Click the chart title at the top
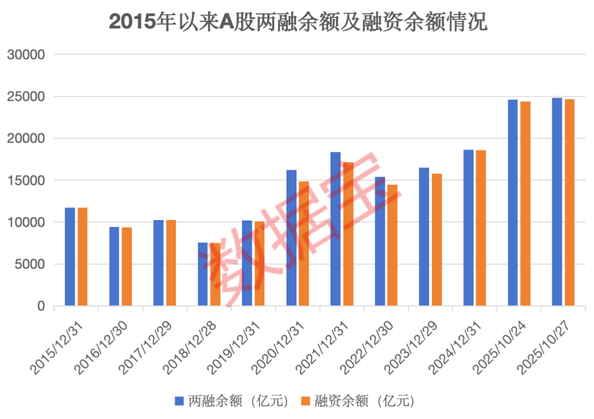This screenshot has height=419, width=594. (x=298, y=23)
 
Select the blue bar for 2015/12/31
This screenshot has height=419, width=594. (x=70, y=256)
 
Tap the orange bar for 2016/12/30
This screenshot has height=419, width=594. (x=127, y=266)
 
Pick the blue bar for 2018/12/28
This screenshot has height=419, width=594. (x=203, y=274)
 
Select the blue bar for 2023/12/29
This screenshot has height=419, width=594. (x=424, y=236)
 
